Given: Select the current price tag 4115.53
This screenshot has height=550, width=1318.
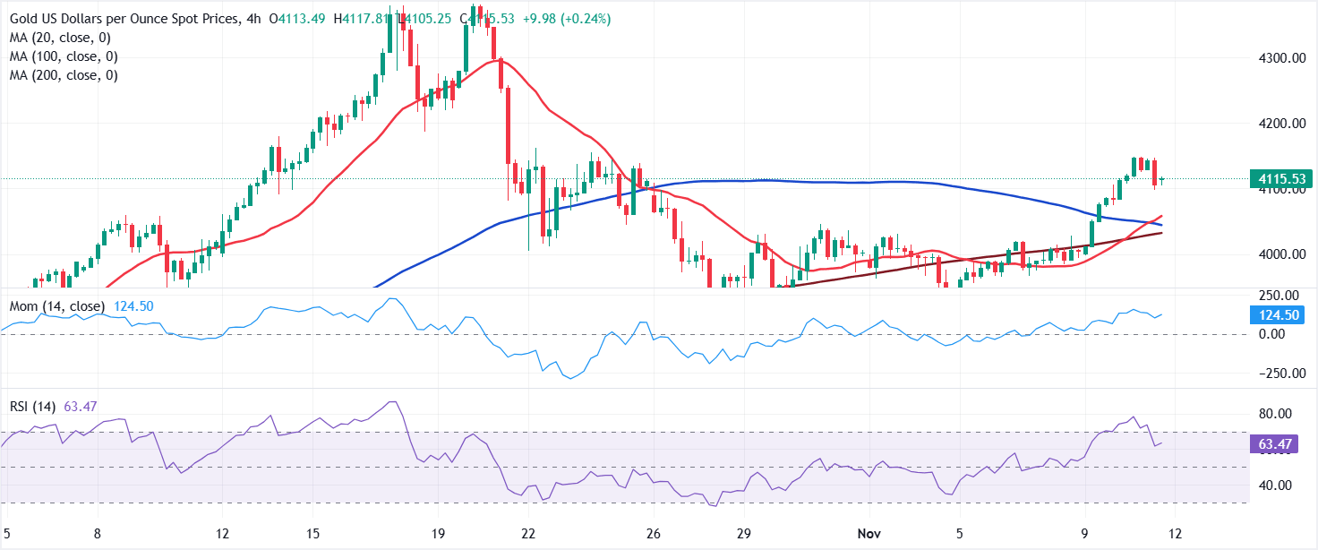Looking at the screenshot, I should [x=1274, y=179].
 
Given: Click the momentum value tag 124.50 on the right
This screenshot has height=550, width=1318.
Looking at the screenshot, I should [x=1274, y=315].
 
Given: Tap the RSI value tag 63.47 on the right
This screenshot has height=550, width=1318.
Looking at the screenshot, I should [x=1274, y=445].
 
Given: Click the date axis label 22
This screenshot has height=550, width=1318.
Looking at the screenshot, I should [x=528, y=533].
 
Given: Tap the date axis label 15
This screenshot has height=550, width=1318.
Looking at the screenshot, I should [x=312, y=533].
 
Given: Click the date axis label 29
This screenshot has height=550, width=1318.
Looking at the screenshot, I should [x=743, y=533].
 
